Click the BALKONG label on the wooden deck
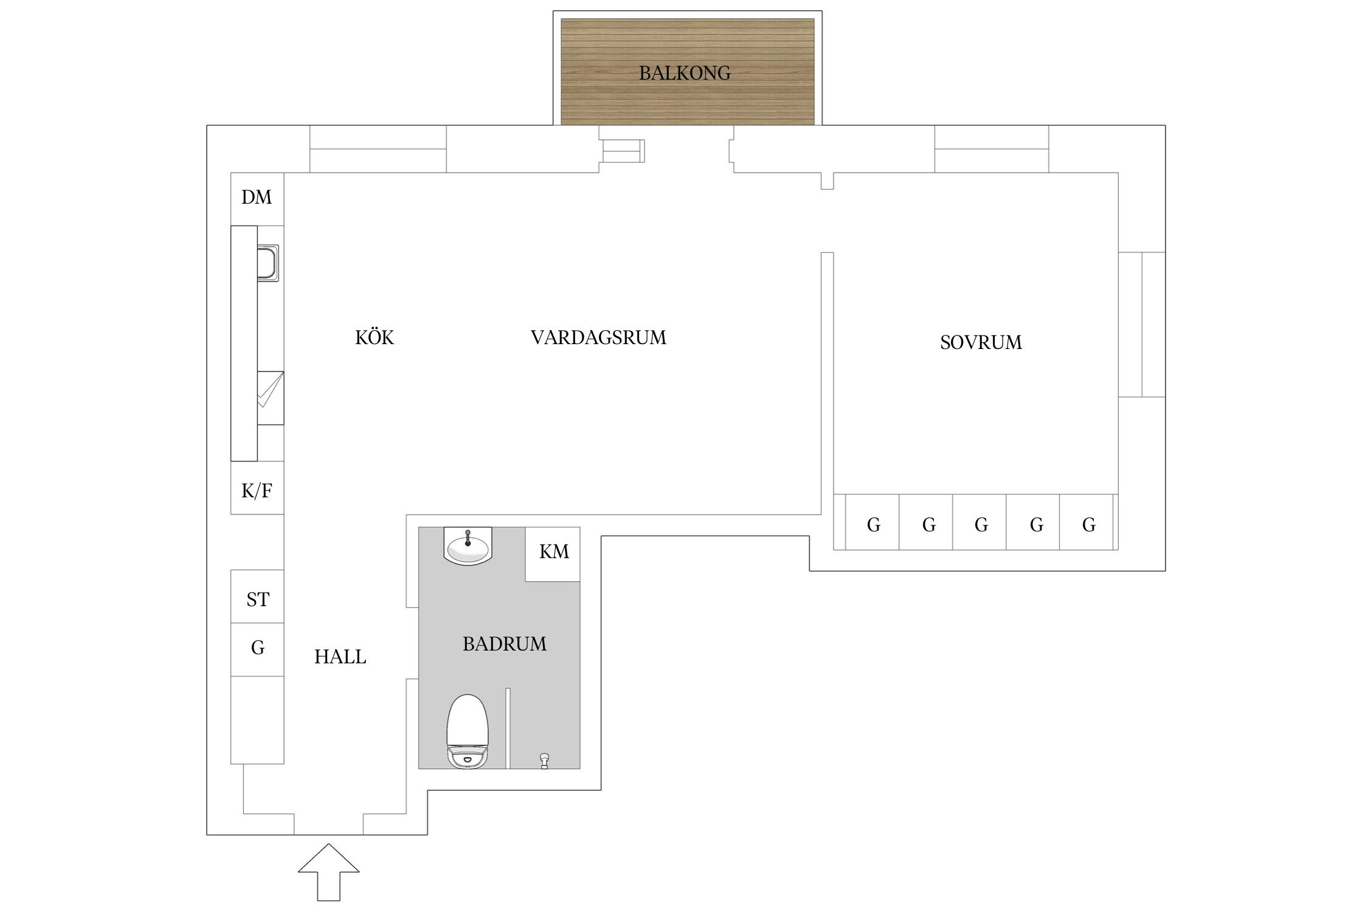pos(685,73)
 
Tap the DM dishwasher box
pos(257,198)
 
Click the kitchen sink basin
pos(268,263)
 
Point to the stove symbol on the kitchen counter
pos(270,398)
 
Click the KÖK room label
pos(375,337)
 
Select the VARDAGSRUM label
pos(598,337)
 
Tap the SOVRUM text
pos(980,342)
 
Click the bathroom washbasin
pos(468,547)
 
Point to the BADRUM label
pos(504,644)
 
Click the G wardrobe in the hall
pos(257,649)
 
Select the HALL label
pos(340,657)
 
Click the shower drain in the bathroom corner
pos(544,760)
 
